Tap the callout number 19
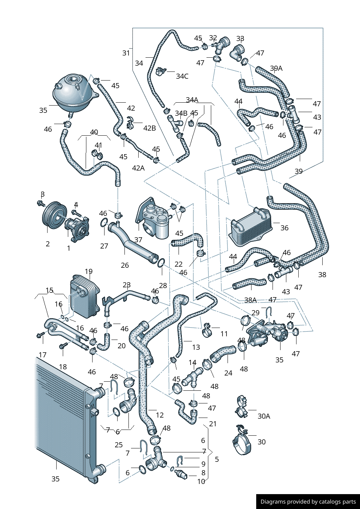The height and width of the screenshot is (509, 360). coord(89,271)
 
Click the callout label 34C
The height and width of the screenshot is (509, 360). coord(182,76)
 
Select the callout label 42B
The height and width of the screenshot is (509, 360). coord(150,128)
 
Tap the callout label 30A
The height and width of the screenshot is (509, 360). coord(264,416)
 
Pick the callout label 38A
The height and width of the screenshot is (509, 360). coord(250,300)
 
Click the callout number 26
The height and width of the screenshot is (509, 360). coord(125,265)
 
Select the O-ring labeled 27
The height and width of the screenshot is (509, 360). coord(103,222)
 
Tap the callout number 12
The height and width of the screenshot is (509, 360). coord(160,415)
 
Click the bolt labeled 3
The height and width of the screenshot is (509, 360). coord(41,203)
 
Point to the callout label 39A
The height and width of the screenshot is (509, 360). coord(276,68)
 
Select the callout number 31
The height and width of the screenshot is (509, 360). coord(126,53)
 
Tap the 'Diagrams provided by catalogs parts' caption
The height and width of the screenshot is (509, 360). coord(308,502)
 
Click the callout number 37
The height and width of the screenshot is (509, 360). coord(138,240)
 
